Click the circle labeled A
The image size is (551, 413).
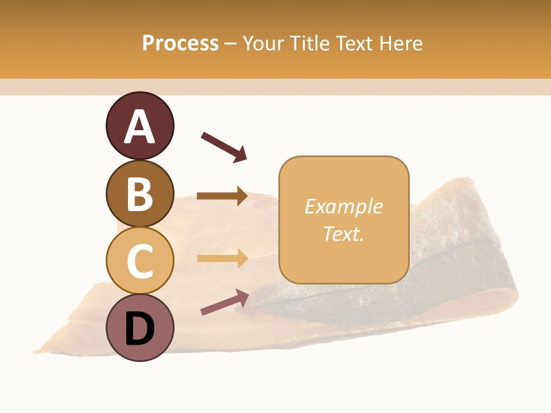[x=139, y=126]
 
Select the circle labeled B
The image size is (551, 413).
[x=139, y=193]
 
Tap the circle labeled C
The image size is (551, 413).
[x=139, y=260]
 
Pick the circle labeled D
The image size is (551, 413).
[x=139, y=328]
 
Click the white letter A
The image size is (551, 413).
[x=139, y=127]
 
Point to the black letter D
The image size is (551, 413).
[x=139, y=329]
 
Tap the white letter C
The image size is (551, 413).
[x=139, y=261]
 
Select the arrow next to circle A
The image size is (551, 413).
[x=224, y=147]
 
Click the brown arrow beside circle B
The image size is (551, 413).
[x=222, y=196]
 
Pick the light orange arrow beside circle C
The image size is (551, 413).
[x=222, y=259]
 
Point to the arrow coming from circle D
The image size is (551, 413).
[x=224, y=302]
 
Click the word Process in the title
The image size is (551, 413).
[x=180, y=43]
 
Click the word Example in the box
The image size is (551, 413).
[x=343, y=206]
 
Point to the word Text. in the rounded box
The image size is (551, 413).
[x=343, y=233]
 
